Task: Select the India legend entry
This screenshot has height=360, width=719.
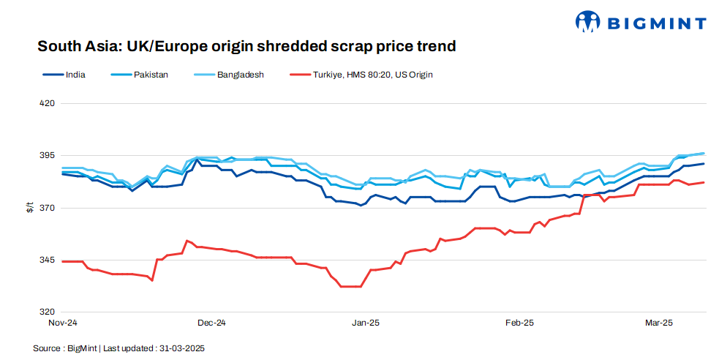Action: [75, 75]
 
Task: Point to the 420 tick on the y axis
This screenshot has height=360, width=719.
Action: [47, 103]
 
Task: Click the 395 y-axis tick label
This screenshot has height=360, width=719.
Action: [47, 156]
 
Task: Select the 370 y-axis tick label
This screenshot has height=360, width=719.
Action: [47, 209]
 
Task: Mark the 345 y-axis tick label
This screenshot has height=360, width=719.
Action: [47, 260]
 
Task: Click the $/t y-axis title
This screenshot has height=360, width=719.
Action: [30, 208]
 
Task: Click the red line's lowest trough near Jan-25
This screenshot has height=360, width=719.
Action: [350, 286]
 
